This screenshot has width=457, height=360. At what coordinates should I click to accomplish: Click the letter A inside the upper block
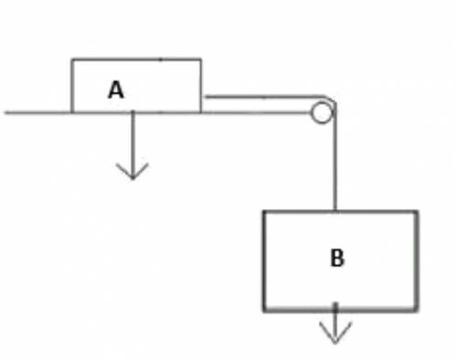click(x=116, y=90)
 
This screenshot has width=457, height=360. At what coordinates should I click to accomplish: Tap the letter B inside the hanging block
click(x=337, y=258)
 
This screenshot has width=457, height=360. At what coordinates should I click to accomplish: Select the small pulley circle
click(x=322, y=113)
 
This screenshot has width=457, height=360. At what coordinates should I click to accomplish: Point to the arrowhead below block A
click(x=133, y=172)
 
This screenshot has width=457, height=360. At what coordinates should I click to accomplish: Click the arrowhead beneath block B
click(x=335, y=333)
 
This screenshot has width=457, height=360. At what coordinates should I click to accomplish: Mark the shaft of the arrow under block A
click(x=133, y=145)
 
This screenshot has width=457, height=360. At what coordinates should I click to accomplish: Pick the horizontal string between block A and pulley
click(x=264, y=97)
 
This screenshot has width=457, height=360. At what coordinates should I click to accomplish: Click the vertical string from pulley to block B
click(x=335, y=157)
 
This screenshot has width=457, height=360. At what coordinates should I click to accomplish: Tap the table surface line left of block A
click(x=37, y=113)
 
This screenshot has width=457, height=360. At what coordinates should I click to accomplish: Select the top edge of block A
click(x=136, y=59)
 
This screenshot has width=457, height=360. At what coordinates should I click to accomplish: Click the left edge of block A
click(x=72, y=86)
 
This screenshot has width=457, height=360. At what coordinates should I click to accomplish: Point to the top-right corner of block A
click(x=200, y=59)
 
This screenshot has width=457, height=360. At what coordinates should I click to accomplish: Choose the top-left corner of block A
click(x=72, y=59)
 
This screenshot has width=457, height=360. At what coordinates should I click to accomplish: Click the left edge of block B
click(x=264, y=260)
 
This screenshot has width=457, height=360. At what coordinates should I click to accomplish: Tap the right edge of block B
click(x=416, y=260)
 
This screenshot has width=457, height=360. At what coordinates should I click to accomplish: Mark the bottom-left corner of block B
click(x=264, y=310)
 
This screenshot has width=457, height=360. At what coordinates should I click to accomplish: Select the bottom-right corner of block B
click(x=416, y=310)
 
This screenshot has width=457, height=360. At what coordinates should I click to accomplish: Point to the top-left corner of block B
click(x=264, y=212)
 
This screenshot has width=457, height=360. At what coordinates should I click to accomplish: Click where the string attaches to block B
click(x=335, y=211)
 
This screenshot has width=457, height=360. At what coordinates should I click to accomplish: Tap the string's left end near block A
click(x=206, y=97)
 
